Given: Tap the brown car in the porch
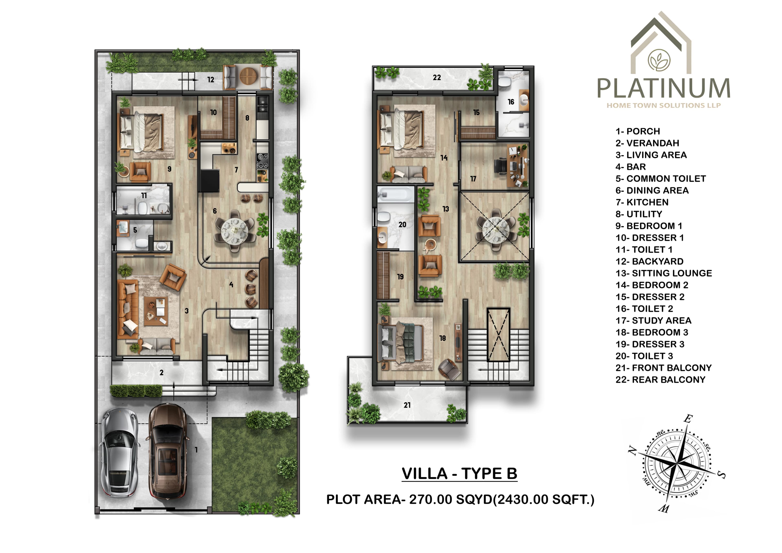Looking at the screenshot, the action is [x=168, y=451].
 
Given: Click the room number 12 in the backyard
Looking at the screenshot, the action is [x=211, y=80].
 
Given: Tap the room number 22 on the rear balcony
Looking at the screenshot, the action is [x=437, y=78].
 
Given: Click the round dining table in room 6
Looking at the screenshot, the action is [x=235, y=230].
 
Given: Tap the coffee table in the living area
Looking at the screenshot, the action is [x=156, y=311].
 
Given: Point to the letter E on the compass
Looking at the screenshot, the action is [x=688, y=419].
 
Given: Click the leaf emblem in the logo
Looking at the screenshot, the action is [x=659, y=60].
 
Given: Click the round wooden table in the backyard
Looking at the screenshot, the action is [x=248, y=76].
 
